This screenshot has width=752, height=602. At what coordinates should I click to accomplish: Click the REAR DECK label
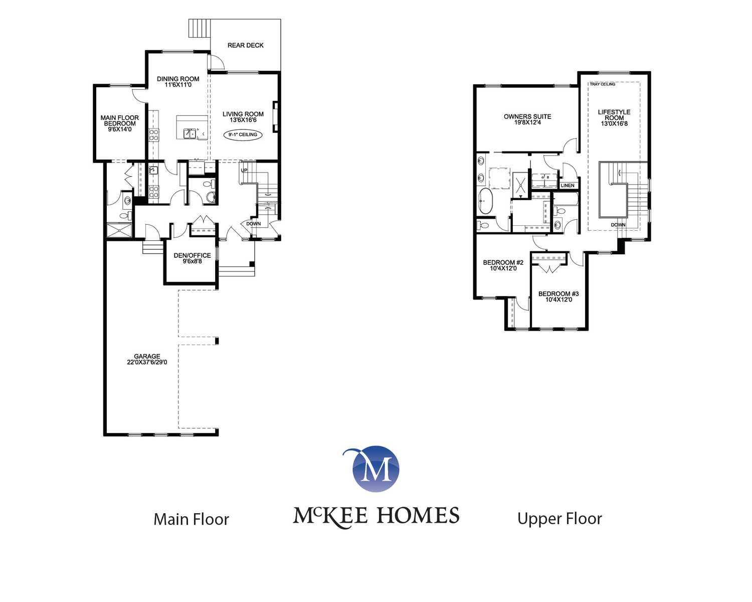245,46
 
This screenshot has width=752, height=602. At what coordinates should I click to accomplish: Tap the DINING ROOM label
178,79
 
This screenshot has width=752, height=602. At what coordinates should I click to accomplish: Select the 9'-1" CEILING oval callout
243,134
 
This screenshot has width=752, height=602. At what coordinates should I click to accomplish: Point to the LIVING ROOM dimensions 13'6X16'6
243,120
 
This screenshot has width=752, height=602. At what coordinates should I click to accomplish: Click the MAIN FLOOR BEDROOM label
119,121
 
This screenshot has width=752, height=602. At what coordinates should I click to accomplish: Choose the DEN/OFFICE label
192,256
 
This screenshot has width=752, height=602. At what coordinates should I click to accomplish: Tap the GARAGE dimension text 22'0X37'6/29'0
147,362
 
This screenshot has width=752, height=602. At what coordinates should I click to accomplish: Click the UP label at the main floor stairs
244,171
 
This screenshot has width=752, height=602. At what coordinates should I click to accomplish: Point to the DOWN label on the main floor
253,224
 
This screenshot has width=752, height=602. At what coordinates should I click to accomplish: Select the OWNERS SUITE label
527,117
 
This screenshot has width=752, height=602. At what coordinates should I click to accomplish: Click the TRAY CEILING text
603,84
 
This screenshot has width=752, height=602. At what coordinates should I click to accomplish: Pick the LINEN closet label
567,186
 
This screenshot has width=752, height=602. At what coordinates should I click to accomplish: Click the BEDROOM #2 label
503,263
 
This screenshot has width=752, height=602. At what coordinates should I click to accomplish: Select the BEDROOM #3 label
558,294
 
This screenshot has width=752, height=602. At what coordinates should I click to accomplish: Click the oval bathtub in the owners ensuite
485,201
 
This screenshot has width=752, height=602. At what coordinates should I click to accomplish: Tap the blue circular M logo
375,469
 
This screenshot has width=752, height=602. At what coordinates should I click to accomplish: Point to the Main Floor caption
191,519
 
